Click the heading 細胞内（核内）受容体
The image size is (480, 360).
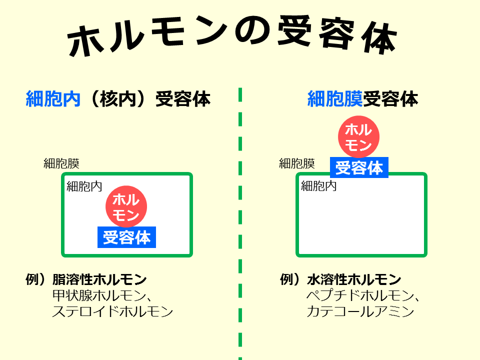[118, 99]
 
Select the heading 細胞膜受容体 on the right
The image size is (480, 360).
[362, 99]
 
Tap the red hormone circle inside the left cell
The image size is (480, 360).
[126, 207]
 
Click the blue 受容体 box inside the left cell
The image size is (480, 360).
[126, 237]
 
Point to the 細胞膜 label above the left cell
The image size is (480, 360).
[61, 163]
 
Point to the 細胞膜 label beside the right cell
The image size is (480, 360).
[296, 163]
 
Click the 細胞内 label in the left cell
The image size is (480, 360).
[84, 186]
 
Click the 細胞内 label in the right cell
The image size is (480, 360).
[318, 186]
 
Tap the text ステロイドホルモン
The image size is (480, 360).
[112, 312]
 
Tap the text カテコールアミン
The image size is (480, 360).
[360, 312]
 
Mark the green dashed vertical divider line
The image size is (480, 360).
[240, 225]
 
